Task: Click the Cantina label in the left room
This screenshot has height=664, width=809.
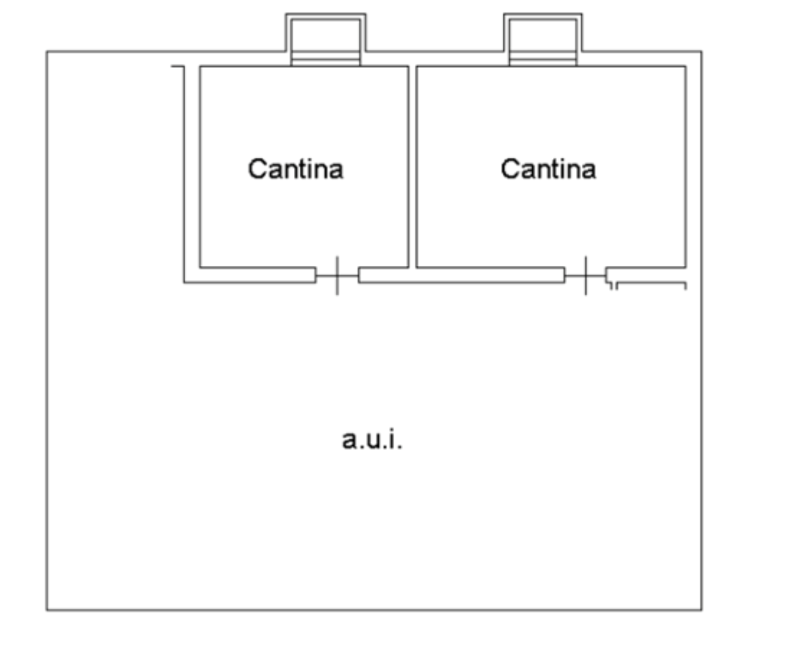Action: [296, 169]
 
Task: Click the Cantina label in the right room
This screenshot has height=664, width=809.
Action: [548, 169]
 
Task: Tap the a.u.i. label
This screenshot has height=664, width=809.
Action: [372, 439]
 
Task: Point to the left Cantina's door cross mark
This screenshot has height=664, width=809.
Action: [337, 276]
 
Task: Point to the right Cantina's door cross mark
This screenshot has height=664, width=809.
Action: [586, 276]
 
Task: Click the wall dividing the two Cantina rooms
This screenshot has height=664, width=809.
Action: [412, 167]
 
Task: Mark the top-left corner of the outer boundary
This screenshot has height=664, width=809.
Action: [46, 51]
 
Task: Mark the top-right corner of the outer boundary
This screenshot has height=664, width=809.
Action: [702, 51]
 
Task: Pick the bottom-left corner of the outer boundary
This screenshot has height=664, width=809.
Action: [46, 610]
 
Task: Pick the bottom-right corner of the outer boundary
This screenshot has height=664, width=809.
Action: [702, 610]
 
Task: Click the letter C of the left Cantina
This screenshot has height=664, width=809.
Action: [257, 169]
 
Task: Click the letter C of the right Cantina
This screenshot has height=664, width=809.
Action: [510, 169]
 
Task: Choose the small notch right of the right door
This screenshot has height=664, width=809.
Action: [613, 286]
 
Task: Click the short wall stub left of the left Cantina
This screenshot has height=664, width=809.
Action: [177, 66]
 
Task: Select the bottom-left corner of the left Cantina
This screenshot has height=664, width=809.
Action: [199, 267]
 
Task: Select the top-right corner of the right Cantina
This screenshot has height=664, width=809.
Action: [686, 65]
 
